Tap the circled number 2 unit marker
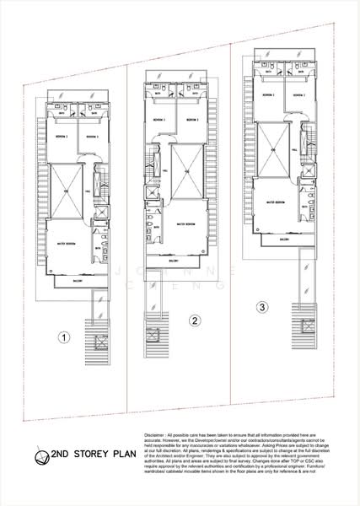195,320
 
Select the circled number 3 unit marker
263,306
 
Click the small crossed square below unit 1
101,343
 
